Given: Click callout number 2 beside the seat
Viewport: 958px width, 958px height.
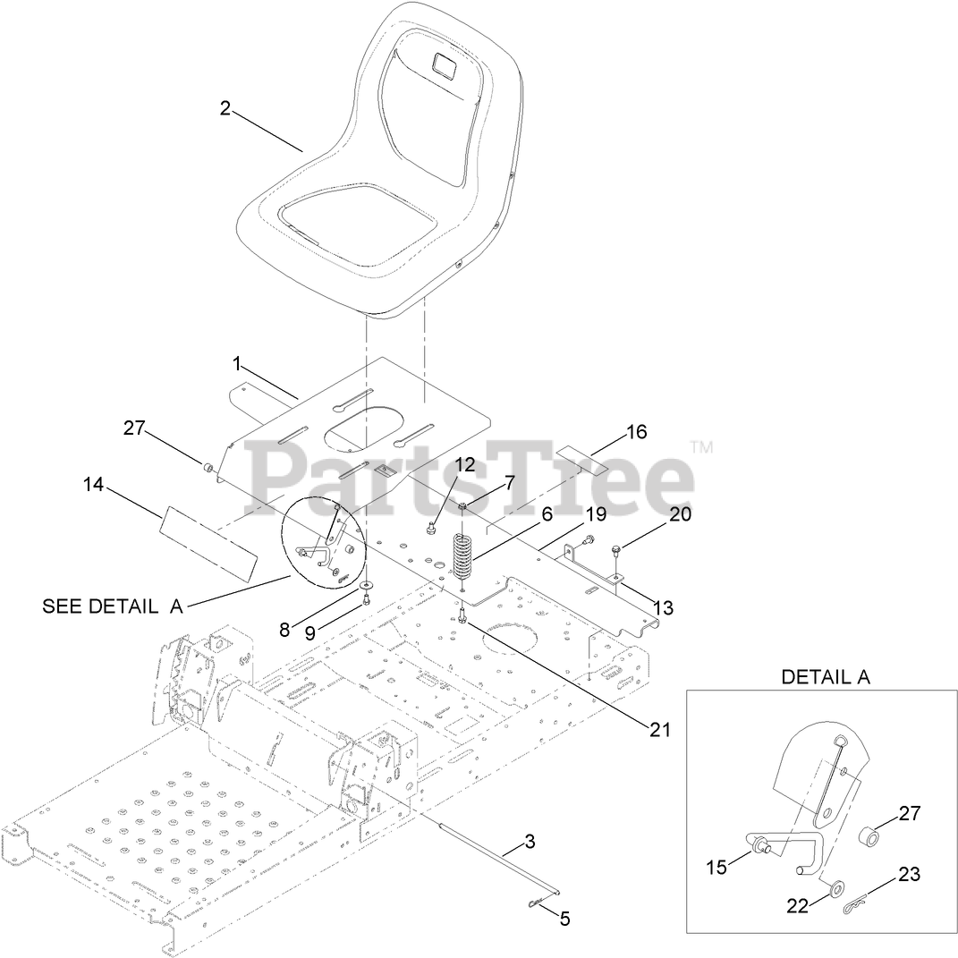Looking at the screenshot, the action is [x=225, y=108].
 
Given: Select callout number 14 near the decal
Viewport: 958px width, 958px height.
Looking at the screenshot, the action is [x=93, y=484].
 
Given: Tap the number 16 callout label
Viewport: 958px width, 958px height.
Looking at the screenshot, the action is [x=636, y=432].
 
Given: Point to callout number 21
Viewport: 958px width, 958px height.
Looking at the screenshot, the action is [x=659, y=729].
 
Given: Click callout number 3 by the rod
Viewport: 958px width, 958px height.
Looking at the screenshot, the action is [x=530, y=841].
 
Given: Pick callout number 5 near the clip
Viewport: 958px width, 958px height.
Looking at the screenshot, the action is [x=565, y=918].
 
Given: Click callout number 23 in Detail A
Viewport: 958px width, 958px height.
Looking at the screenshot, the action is [x=909, y=874].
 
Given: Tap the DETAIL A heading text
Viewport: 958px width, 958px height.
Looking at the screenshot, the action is [x=825, y=676].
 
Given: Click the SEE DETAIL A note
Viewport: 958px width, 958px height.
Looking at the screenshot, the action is [x=113, y=606].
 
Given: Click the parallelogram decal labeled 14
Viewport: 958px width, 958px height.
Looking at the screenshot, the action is [x=208, y=542].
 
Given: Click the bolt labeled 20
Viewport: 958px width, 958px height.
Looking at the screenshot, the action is [x=617, y=548].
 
